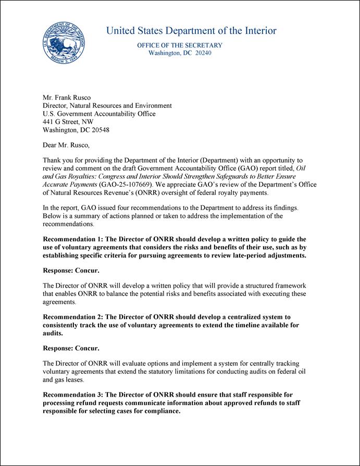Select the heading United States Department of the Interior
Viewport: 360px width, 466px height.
[191, 31]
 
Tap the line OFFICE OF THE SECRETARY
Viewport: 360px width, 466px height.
[180, 45]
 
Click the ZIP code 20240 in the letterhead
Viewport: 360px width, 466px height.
[203, 53]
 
